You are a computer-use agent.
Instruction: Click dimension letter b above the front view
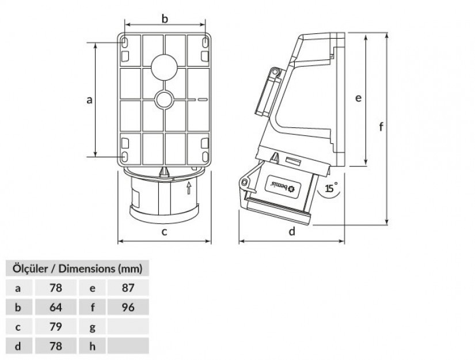pos(165,19)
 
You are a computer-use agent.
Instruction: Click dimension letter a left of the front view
pos(89,100)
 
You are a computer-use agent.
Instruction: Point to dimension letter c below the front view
pos(164,232)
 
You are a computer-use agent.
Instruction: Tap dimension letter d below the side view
pos(292,231)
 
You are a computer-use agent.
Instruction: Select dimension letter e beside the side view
pos(358,98)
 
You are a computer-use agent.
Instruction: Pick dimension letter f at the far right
pos(381,126)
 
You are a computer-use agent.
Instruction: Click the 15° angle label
pos(332,188)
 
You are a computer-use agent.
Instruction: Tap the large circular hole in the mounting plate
pos(164,67)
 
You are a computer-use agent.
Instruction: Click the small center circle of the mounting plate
pos(164,99)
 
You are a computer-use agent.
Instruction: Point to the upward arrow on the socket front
pos(189,188)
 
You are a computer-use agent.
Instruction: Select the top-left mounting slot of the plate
pos(124,42)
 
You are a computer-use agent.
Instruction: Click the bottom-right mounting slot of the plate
pos(205,156)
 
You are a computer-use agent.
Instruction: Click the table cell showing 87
pos(128,287)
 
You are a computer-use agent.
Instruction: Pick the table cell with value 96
pos(128,307)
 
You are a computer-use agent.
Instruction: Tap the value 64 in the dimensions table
pos(56,307)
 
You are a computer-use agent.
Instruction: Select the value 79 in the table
pos(56,327)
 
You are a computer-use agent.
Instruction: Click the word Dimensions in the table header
pos(86,268)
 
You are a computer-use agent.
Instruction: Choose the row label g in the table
pos(93,327)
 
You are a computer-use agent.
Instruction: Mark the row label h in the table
pos(93,346)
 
